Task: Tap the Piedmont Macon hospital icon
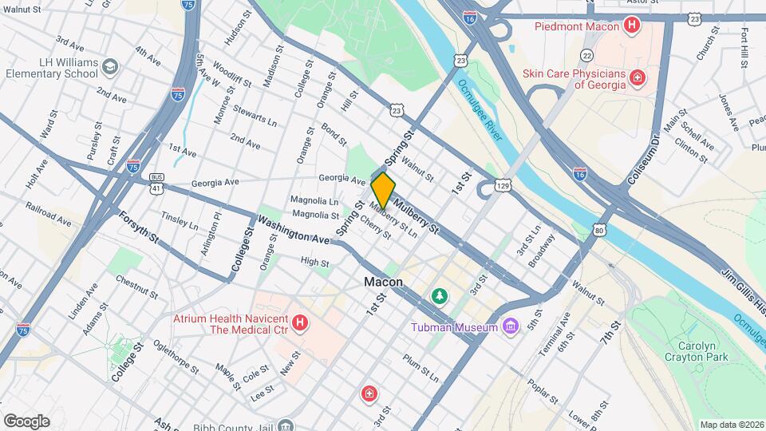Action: tap(632, 26)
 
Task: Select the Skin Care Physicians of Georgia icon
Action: tap(637, 77)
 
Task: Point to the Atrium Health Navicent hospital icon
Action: tap(299, 323)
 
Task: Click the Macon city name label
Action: tap(383, 283)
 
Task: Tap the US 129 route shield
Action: tap(503, 184)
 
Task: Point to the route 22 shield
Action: tap(587, 55)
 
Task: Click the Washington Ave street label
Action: tap(293, 227)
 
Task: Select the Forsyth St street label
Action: tap(139, 227)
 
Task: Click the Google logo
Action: tap(26, 421)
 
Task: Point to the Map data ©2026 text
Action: tap(732, 425)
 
